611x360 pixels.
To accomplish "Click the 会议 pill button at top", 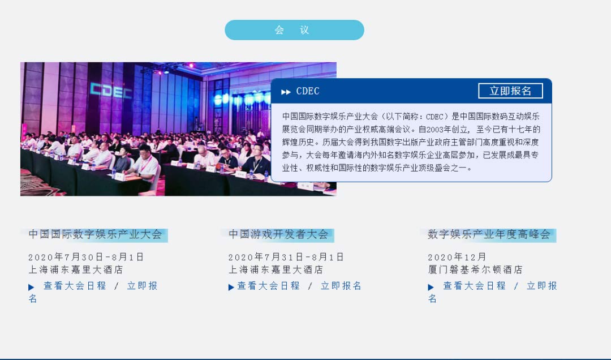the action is tap(294, 30).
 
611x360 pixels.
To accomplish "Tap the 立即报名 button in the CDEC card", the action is tap(510, 91).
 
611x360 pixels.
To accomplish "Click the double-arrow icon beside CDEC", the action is tap(286, 92).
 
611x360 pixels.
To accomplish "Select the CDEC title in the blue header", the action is tap(308, 91).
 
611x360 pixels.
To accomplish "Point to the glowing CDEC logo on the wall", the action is tap(111, 91).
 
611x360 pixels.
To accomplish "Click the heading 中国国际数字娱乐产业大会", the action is tap(95, 234).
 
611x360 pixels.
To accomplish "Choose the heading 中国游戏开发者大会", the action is tap(278, 234).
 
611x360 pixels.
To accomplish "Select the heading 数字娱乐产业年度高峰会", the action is tap(489, 234).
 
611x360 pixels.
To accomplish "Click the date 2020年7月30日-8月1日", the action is tap(86, 257).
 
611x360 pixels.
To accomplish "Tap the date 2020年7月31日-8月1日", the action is tap(286, 257).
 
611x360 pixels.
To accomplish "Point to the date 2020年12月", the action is tap(457, 257).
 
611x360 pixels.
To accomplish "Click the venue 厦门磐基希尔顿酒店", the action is tap(475, 269).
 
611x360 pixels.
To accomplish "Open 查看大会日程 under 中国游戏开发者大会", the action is tap(269, 286).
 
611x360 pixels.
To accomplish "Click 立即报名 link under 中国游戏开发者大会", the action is tap(341, 286).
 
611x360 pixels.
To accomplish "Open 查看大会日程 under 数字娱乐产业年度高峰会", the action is tap(474, 286).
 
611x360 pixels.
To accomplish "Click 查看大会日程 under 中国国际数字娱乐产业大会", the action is tap(75, 286).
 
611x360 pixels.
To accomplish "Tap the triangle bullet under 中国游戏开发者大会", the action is tap(231, 288).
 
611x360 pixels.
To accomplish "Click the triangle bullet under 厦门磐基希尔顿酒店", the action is tap(431, 288).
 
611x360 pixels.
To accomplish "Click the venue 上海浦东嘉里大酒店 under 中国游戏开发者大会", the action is tap(276, 269).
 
